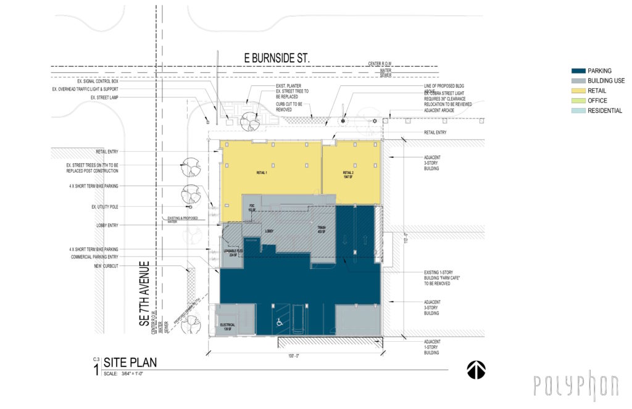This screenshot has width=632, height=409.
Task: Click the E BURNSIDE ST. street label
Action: pyautogui.click(x=276, y=58)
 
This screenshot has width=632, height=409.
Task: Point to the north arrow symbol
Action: pyautogui.click(x=476, y=370)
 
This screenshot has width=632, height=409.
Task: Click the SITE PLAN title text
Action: pyautogui.click(x=130, y=363)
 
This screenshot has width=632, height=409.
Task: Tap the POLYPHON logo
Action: pyautogui.click(x=576, y=385)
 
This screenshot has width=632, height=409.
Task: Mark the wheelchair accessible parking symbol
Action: pyautogui.click(x=278, y=321)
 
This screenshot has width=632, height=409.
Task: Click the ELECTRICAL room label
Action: pyautogui.click(x=227, y=326)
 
